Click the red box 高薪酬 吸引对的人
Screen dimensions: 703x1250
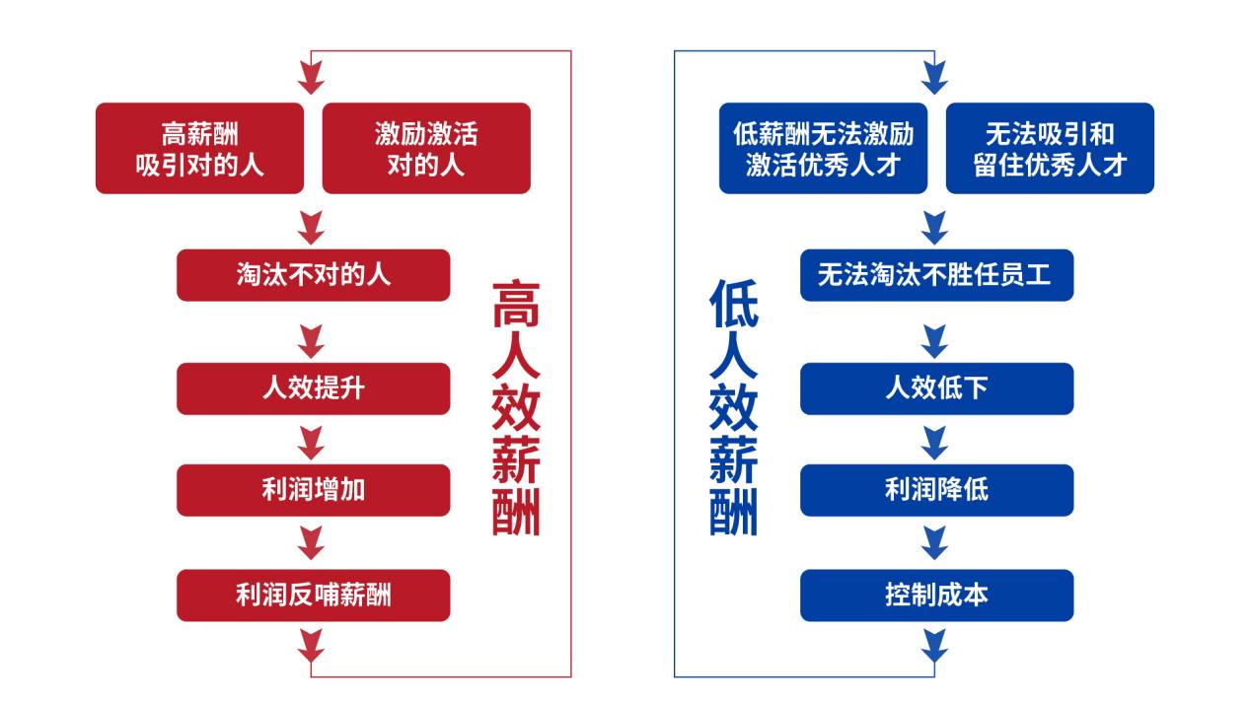click(199, 148)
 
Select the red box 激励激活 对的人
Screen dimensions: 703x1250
click(426, 148)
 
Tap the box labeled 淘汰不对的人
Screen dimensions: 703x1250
click(313, 274)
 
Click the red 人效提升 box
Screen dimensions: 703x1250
click(313, 388)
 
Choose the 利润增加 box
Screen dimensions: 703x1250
click(313, 490)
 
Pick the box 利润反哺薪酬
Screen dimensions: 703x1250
click(313, 595)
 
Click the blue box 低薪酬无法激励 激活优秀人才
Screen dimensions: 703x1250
click(823, 148)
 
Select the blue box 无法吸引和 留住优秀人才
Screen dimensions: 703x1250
click(1050, 148)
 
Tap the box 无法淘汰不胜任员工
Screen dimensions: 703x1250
click(935, 274)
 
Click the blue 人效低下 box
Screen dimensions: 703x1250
click(935, 388)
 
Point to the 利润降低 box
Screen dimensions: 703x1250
click(935, 490)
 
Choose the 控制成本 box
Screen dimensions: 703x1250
click(935, 595)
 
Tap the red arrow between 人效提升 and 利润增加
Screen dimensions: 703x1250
click(312, 440)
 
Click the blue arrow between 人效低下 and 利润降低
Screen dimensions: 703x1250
click(934, 440)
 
